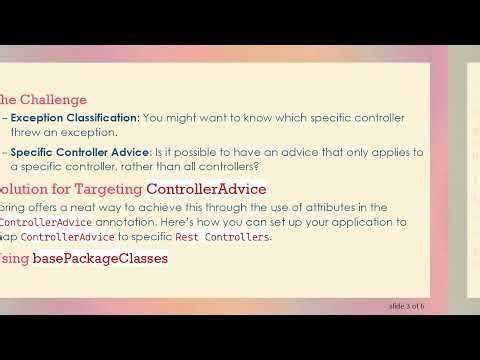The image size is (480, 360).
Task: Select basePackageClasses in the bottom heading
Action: pos(100,259)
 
